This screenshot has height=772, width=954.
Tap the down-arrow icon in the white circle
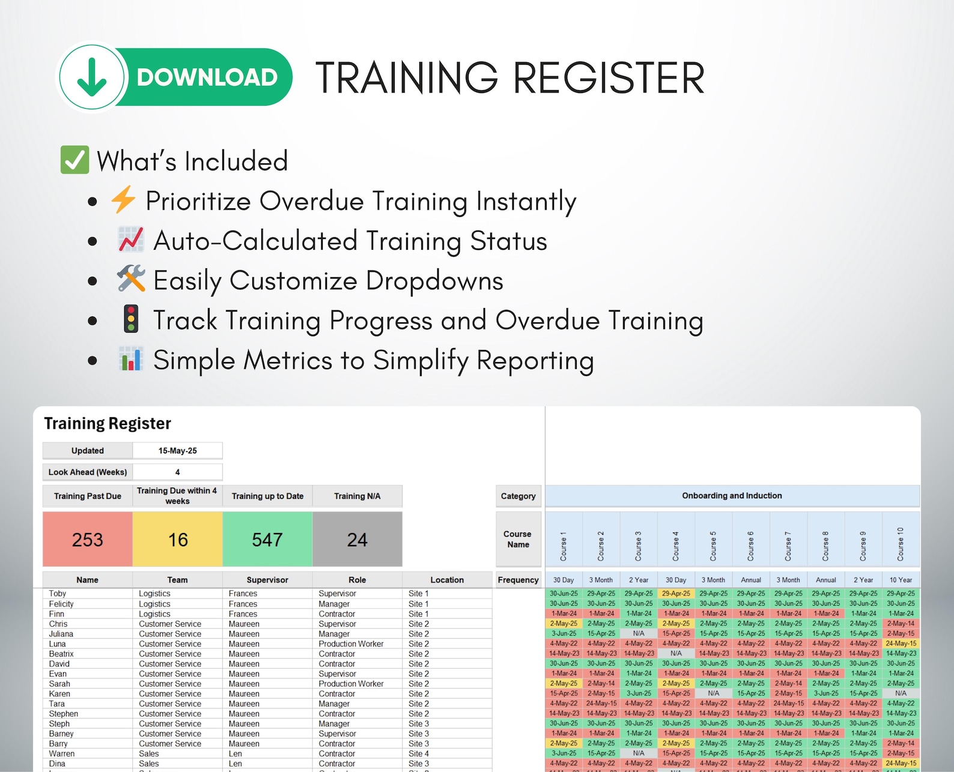(92, 77)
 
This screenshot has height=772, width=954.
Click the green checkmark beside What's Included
(75, 160)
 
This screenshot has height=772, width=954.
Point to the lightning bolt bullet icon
(124, 200)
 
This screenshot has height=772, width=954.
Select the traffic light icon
(131, 319)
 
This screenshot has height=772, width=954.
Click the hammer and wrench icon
(131, 279)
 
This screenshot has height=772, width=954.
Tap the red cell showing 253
(88, 540)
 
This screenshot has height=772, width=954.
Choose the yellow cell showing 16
(178, 540)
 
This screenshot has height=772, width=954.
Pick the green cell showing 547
(267, 540)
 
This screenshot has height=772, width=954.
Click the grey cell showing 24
(357, 540)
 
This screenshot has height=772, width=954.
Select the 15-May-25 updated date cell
(178, 451)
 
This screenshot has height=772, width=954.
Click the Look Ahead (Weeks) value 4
(178, 472)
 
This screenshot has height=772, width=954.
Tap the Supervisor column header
(267, 580)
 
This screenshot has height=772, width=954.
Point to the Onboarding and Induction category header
(732, 496)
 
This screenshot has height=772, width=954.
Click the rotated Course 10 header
(901, 544)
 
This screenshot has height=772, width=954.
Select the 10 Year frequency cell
(901, 580)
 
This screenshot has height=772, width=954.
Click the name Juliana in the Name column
(61, 634)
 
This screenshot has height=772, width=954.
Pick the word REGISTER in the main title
(609, 78)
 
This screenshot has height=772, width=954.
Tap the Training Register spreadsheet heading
(108, 424)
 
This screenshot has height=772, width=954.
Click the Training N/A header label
(357, 496)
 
